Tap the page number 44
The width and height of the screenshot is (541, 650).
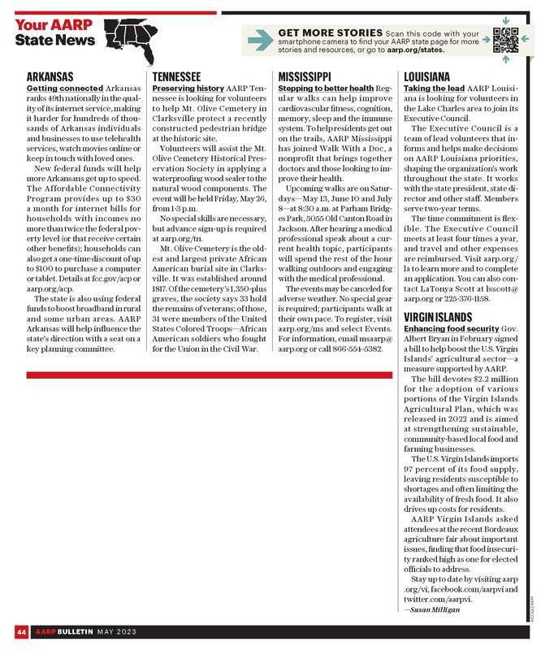[x=20, y=631]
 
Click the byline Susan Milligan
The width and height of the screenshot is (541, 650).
[x=434, y=608]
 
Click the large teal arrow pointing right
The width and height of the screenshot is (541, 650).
[x=259, y=38]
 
